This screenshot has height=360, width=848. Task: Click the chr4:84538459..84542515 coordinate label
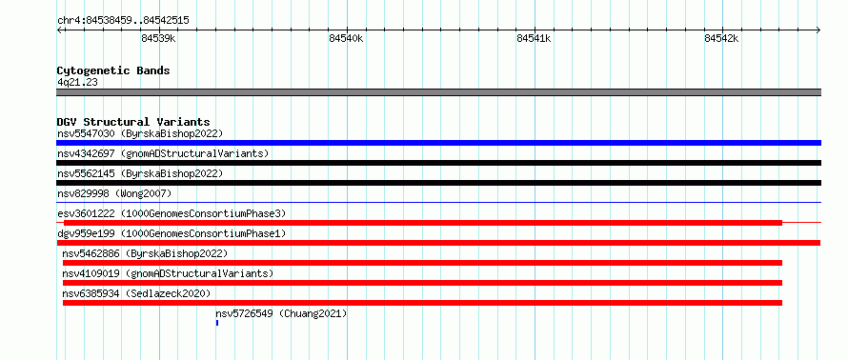pos(123,21)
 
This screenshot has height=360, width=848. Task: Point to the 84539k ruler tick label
pos(158,38)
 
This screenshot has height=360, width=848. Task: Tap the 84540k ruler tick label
pos(346,38)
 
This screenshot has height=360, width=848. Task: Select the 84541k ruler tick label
pos(534,38)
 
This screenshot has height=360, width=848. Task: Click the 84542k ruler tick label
pos(721,38)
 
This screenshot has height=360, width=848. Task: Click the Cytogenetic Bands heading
pos(113,70)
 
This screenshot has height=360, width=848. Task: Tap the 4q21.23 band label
pos(77,83)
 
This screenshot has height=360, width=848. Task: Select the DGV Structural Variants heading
pos(133,122)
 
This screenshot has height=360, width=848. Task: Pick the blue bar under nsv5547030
pos(438,143)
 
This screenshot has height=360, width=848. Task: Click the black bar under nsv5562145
pos(438,183)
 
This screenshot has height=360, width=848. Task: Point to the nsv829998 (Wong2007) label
pos(114,193)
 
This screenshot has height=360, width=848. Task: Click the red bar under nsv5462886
pos(422,263)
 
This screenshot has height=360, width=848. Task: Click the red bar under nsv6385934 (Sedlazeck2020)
pos(422,303)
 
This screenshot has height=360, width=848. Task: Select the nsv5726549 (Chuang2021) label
pos(281,313)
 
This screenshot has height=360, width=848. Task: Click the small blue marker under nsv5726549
pos(217,323)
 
